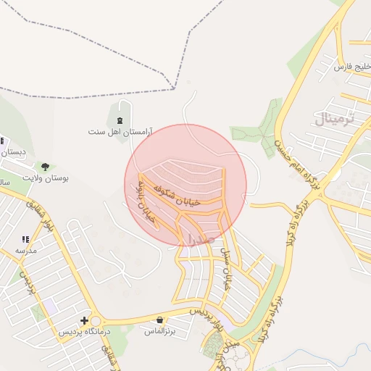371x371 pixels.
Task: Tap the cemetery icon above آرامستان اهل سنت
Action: [120, 120]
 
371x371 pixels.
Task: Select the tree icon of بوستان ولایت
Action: [46, 167]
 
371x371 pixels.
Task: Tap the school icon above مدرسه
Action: [25, 239]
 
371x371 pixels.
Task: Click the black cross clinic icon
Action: [85, 320]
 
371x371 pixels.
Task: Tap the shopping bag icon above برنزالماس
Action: [159, 320]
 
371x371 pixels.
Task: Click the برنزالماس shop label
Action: [160, 331]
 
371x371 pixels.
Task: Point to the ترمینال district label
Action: [335, 118]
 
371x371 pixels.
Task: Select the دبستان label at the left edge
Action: [13, 152]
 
